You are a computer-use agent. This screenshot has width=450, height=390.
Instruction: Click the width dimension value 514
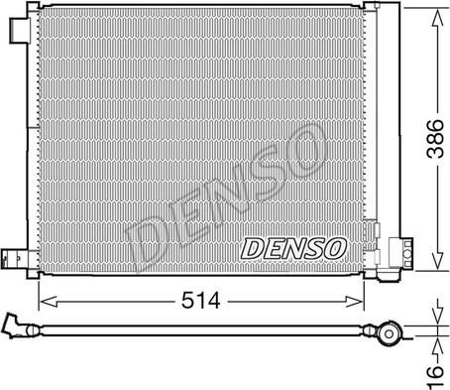tap(200, 301)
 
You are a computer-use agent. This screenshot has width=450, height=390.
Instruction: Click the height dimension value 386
tap(435, 139)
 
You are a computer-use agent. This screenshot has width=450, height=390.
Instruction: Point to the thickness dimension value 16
tap(435, 376)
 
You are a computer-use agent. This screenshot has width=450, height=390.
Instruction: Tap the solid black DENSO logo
tap(293, 248)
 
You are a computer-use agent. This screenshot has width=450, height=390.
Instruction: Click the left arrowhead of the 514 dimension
tap(49, 302)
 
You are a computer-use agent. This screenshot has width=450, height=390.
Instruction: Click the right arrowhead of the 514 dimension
tap(355, 302)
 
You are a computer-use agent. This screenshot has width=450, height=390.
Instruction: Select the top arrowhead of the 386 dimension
tap(438, 18)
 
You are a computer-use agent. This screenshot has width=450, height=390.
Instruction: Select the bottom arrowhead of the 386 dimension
tap(438, 260)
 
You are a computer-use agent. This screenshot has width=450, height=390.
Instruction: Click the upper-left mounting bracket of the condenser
tap(20, 31)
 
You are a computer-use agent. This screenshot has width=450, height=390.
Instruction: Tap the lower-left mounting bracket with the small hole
tap(15, 258)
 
